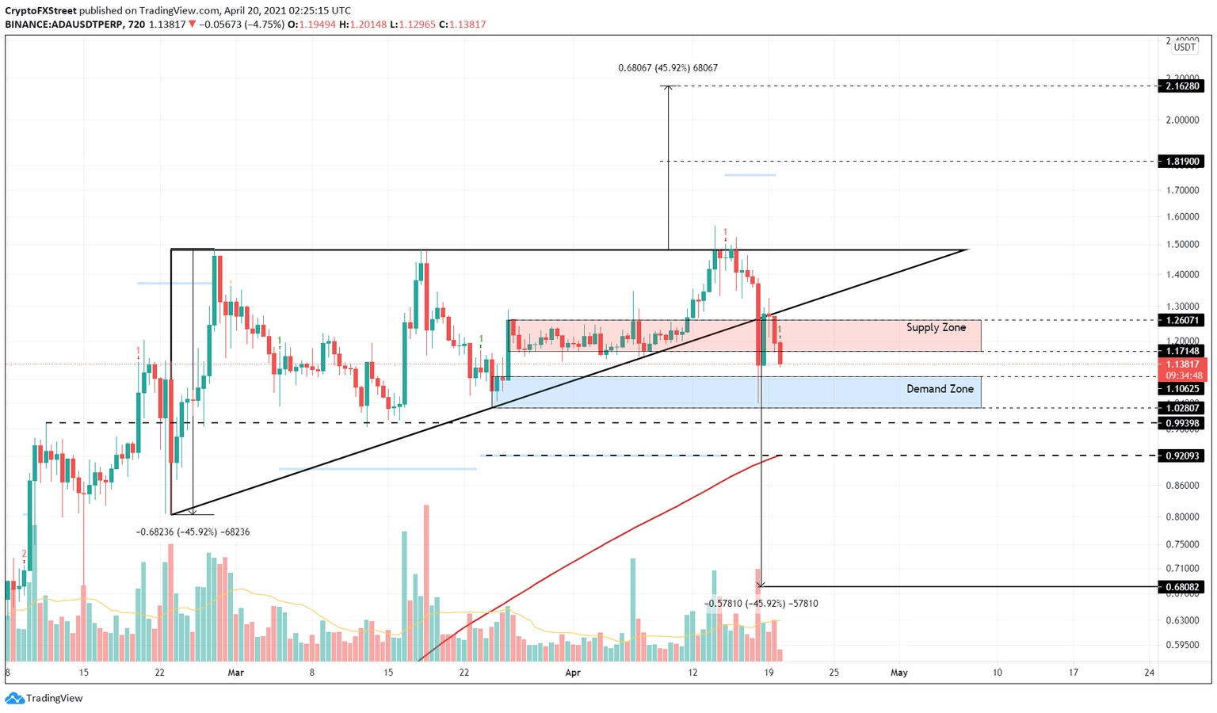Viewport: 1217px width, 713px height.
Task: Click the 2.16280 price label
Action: coord(1180,86)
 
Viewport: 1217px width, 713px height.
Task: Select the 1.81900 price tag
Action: coord(1180,162)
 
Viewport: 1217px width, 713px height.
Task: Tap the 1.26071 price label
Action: coord(1180,321)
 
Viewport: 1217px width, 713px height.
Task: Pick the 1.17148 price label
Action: coord(1180,351)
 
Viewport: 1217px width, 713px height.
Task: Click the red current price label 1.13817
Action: coord(1180,364)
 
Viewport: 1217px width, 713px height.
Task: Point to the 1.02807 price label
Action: coord(1180,408)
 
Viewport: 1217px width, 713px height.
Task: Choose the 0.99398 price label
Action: coord(1180,423)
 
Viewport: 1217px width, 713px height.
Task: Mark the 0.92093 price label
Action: coord(1180,456)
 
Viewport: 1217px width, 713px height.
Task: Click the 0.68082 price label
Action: coord(1180,587)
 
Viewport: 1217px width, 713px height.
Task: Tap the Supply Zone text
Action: coord(936,328)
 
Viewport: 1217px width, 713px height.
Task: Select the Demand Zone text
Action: coord(940,389)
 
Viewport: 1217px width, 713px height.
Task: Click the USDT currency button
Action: coord(1185,48)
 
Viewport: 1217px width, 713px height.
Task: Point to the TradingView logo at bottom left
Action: coord(44,698)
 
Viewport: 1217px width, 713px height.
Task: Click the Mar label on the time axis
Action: coord(235,673)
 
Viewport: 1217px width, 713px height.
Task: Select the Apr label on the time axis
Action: coord(573,673)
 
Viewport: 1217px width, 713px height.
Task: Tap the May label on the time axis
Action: coord(898,673)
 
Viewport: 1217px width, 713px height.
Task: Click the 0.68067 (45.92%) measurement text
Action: coord(668,68)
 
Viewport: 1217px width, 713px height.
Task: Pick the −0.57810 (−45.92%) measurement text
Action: coord(761,604)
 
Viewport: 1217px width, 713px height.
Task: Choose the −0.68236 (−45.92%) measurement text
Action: coord(193,532)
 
